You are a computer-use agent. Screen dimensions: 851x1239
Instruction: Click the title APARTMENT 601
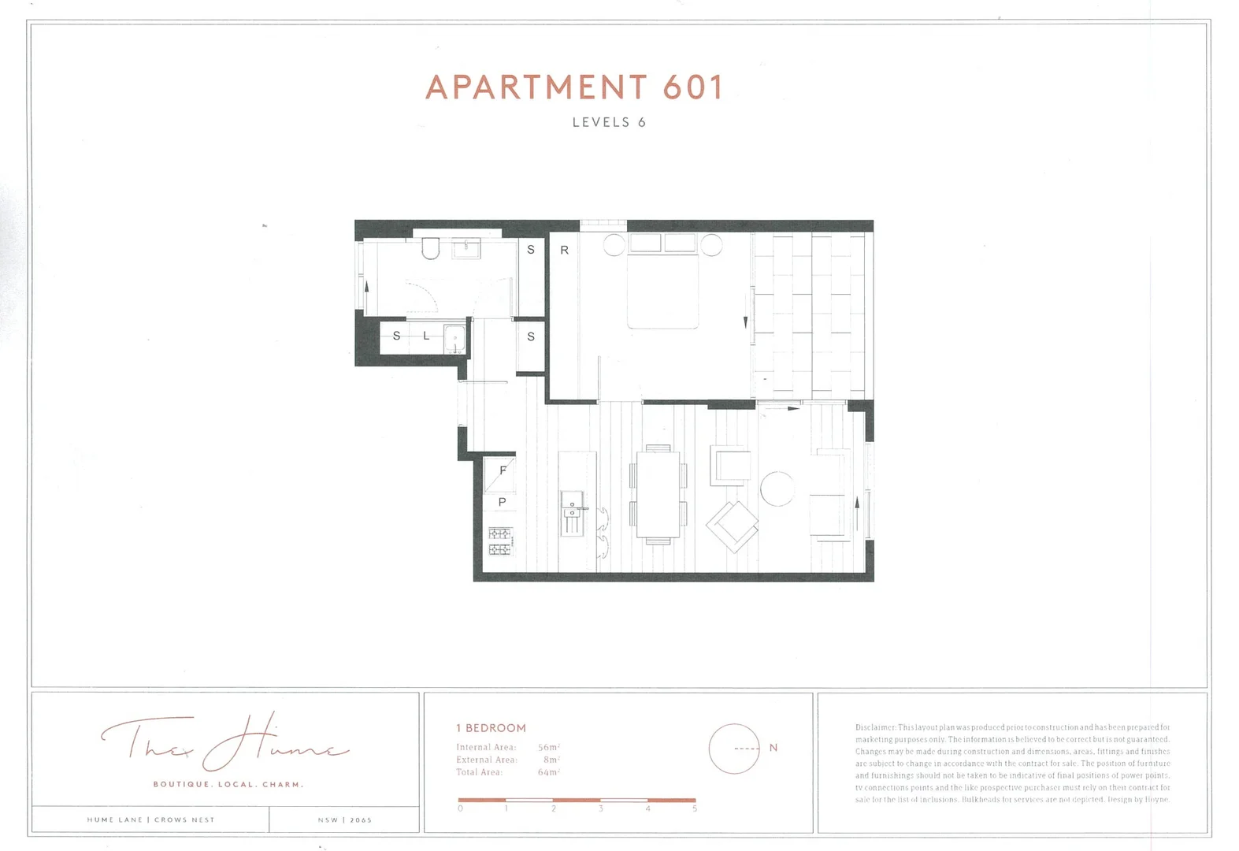[574, 87]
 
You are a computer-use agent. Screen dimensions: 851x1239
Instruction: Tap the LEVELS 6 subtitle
[609, 122]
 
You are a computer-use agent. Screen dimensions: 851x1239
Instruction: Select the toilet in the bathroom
[430, 250]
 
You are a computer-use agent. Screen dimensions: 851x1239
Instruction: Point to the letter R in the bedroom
[564, 250]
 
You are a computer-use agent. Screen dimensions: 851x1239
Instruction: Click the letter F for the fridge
[503, 470]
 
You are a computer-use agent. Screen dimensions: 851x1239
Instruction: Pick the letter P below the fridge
[502, 502]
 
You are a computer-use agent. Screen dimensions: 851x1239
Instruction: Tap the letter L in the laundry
[426, 336]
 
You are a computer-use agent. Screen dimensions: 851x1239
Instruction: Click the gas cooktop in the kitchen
[500, 541]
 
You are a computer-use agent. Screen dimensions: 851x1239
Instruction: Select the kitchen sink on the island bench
[572, 504]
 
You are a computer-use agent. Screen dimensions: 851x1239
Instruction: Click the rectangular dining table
[658, 494]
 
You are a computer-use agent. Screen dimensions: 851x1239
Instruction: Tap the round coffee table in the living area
[777, 489]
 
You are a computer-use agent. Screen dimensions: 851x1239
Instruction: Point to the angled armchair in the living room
[732, 526]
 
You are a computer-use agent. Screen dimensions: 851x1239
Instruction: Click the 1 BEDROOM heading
[491, 728]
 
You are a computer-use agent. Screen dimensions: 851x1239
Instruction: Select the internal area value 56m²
[548, 747]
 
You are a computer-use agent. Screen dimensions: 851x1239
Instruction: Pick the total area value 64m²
[548, 772]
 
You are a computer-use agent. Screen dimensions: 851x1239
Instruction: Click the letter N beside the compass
[773, 748]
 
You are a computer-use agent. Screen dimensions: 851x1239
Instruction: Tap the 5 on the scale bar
[694, 808]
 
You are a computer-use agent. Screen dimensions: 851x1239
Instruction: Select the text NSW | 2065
[344, 820]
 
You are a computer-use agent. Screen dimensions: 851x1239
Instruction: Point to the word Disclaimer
[875, 727]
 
